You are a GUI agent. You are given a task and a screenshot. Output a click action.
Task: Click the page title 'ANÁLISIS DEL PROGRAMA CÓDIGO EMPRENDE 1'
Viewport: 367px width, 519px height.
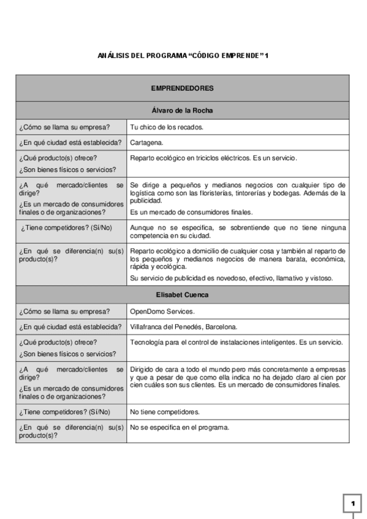pos(183,56)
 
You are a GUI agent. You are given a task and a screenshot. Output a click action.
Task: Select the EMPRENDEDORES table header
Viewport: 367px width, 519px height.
pos(182,88)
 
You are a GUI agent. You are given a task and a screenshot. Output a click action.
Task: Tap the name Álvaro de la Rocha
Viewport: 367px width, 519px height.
pos(182,111)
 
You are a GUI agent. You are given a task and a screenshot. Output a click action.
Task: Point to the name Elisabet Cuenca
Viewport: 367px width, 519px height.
pos(182,295)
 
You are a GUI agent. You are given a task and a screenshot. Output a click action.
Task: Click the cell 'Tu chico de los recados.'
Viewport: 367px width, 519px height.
pos(167,127)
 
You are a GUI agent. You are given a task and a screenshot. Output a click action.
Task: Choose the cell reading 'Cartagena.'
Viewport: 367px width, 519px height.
pos(146,143)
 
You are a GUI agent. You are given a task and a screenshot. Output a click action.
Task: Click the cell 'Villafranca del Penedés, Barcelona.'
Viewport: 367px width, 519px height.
pos(184,327)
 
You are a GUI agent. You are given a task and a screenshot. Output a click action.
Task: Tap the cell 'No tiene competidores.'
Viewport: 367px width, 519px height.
pos(165,412)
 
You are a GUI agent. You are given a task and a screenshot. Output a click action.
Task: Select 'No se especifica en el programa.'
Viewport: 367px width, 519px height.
pos(180,427)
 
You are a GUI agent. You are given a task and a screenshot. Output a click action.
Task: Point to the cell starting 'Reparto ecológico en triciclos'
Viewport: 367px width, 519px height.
pos(213,159)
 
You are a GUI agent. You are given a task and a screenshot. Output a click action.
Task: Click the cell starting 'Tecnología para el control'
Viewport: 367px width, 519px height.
pos(236,342)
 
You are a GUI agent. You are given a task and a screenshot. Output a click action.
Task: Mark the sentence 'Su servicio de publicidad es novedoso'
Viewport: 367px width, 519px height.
pos(231,278)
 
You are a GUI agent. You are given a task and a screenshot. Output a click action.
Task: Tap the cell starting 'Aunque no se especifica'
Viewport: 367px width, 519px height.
pos(238,231)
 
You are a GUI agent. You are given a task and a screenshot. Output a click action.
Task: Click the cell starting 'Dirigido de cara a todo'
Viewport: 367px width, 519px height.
pos(238,378)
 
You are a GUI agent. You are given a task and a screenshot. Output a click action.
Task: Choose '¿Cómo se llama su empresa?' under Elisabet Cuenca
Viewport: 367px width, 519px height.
pos(64,311)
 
